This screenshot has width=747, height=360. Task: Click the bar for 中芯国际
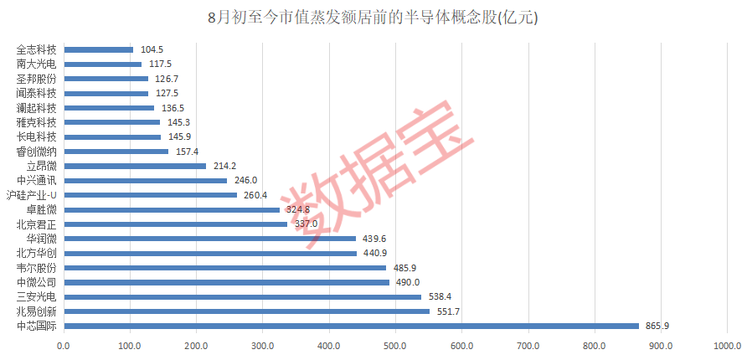point(351,326)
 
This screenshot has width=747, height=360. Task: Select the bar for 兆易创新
point(246,311)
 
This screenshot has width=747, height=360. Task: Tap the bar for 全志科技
point(98,49)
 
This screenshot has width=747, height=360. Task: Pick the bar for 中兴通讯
point(145,180)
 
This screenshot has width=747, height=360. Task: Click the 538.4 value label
point(440,296)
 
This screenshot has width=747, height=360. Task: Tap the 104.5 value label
point(152,49)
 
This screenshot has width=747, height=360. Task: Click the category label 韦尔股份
point(36,268)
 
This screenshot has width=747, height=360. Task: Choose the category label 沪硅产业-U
point(31,195)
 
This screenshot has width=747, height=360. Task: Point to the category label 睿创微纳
point(36,152)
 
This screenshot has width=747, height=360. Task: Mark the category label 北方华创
point(36,253)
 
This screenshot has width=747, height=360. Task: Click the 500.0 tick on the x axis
point(395,344)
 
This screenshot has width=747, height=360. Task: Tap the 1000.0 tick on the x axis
point(727,344)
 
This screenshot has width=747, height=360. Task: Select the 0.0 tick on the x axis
point(64,344)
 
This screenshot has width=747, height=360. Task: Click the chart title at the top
point(373,18)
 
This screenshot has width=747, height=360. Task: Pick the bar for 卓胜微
point(172,209)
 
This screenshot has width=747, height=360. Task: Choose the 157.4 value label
point(187,152)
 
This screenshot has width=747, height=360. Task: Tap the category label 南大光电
point(36,64)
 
